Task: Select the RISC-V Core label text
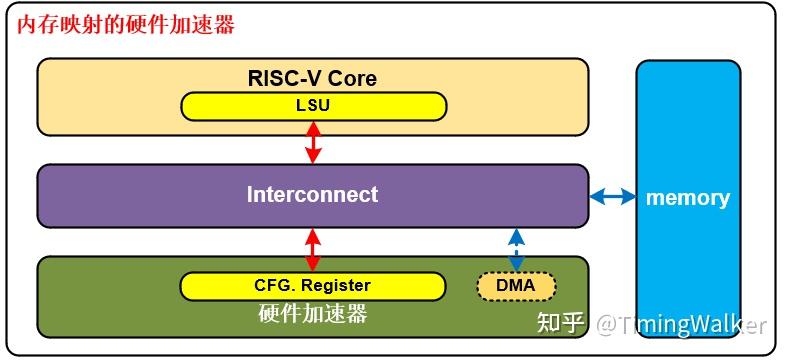click(312, 78)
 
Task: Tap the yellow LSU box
click(312, 105)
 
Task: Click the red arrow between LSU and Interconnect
click(313, 142)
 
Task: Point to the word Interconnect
click(312, 194)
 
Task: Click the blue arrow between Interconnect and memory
click(612, 197)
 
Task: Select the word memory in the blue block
click(687, 197)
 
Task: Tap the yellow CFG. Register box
click(312, 286)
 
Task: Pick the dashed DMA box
click(515, 287)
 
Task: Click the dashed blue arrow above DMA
click(516, 249)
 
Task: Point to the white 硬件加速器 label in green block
click(312, 314)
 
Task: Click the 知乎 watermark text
click(560, 323)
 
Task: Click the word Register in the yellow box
click(336, 286)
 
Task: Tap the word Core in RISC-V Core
click(352, 78)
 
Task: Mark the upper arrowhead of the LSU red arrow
click(313, 127)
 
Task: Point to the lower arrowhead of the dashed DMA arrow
click(516, 265)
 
